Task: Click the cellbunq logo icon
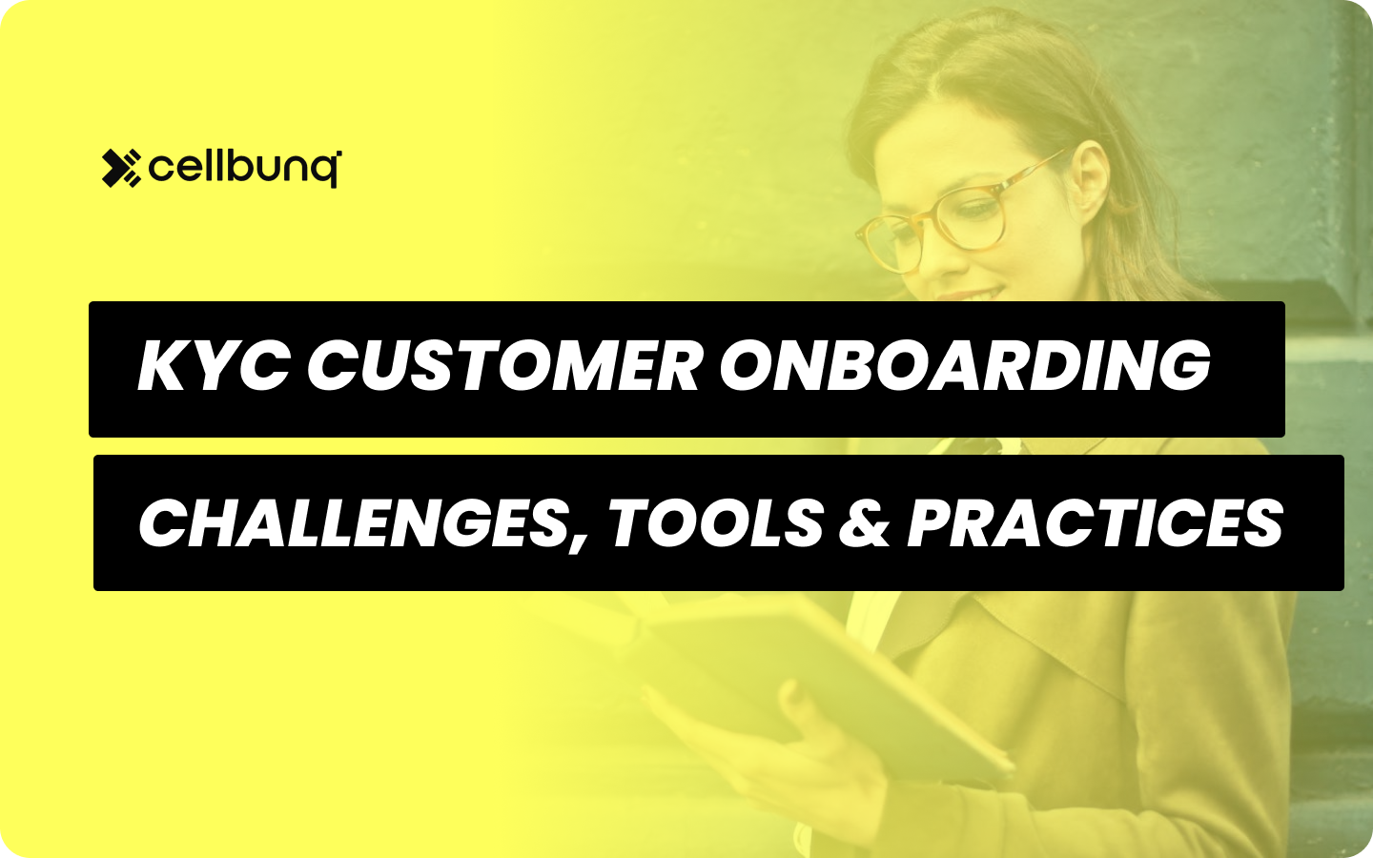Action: tap(121, 169)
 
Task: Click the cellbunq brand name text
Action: tap(243, 169)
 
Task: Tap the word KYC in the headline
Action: tap(213, 367)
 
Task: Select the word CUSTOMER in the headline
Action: tap(504, 367)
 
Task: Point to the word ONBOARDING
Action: tap(964, 367)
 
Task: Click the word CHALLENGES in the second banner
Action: tap(353, 522)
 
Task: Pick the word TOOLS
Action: tap(715, 522)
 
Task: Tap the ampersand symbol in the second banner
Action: tap(864, 523)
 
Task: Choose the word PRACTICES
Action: tap(1095, 522)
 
